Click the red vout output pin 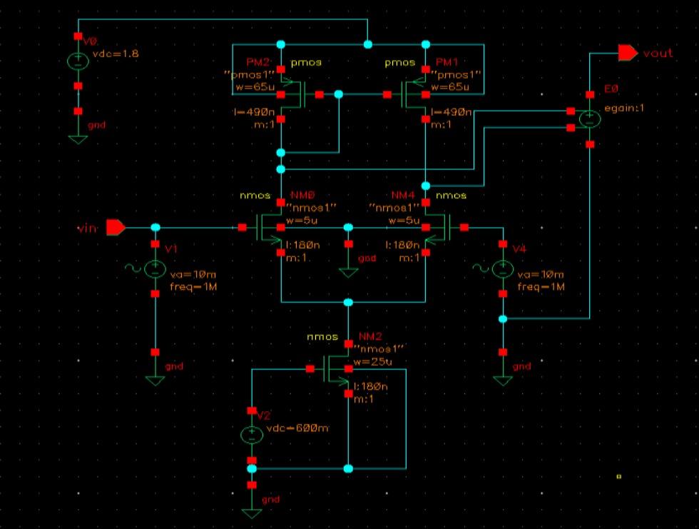tap(627, 53)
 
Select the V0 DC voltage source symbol tap(78, 62)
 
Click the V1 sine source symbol tap(155, 268)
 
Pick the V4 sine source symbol tap(503, 268)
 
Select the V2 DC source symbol tap(251, 434)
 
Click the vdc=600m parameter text tap(297, 428)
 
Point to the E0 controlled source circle tap(590, 119)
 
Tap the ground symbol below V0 tap(78, 138)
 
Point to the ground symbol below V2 tap(251, 512)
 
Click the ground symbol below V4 tap(503, 380)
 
